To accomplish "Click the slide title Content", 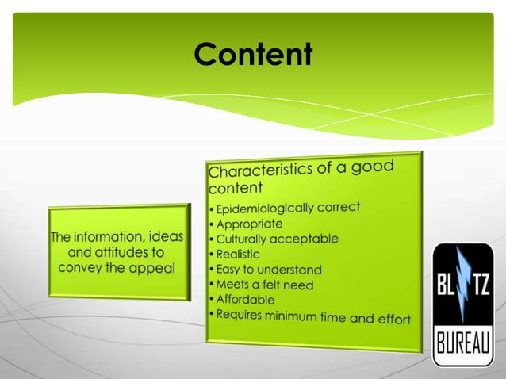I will tap(253, 54).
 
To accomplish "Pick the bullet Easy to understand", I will tap(268, 270).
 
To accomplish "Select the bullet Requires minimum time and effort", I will tap(312, 316).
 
